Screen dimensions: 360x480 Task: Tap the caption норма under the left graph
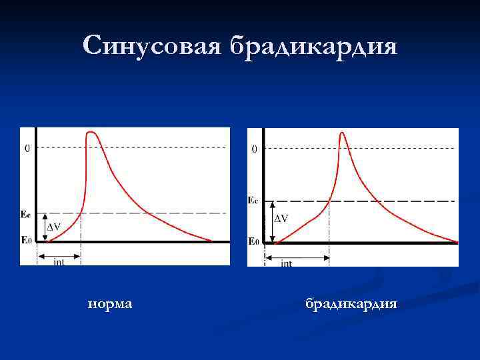[x=110, y=304]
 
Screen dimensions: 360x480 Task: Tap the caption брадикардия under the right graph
[x=351, y=304]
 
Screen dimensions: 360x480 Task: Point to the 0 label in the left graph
[x=27, y=148]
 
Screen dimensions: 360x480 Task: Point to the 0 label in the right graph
[x=254, y=149]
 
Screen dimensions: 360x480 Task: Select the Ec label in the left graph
[x=26, y=214]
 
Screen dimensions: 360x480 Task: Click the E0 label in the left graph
[x=26, y=240]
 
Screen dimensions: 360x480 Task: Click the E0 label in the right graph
[x=253, y=241]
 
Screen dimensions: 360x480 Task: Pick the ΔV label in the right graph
[x=282, y=219]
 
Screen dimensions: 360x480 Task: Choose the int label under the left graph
[x=59, y=262]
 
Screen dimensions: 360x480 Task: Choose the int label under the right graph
[x=287, y=263]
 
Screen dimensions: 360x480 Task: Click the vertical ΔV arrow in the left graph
[x=45, y=227]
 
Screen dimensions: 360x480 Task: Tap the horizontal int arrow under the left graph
[x=59, y=255]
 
